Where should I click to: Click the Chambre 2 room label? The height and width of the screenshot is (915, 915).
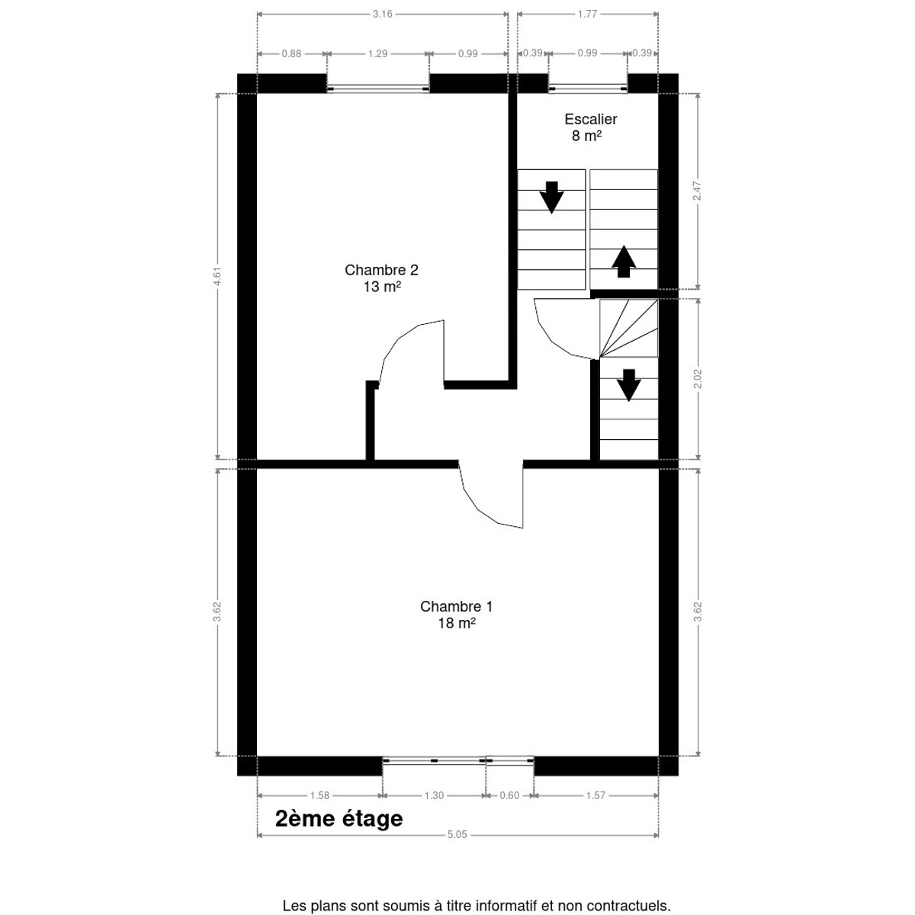[x=380, y=278]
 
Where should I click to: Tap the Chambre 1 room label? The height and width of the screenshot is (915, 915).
[x=456, y=615]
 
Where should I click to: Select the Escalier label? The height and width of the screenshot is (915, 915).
[x=590, y=119]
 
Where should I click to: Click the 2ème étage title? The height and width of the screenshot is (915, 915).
[x=339, y=818]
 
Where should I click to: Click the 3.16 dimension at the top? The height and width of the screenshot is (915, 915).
[x=382, y=14]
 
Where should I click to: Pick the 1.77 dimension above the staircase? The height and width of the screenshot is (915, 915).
[x=587, y=14]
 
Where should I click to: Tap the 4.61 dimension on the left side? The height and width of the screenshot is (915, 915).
[x=217, y=276]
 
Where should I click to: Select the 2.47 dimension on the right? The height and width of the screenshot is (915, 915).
[x=698, y=191]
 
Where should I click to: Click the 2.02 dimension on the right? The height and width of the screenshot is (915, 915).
[x=698, y=379]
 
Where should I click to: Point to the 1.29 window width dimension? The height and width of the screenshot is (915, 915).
[x=378, y=53]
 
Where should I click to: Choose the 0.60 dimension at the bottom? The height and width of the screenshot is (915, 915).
[x=509, y=795]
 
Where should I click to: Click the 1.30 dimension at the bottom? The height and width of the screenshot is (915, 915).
[x=434, y=795]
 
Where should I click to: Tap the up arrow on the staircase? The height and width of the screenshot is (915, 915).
[x=624, y=262]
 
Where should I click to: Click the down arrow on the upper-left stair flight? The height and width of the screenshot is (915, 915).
[x=551, y=197]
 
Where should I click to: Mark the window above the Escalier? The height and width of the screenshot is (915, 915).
[x=588, y=88]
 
